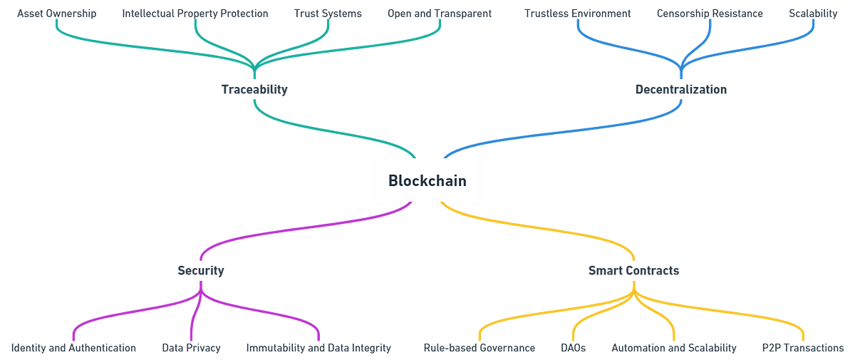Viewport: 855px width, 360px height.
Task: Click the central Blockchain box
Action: point(427,180)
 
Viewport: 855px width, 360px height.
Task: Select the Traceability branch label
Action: point(254,90)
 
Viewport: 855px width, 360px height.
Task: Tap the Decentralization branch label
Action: point(680,90)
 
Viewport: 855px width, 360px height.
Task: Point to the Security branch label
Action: point(201,271)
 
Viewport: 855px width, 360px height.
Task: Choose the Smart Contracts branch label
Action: point(633,271)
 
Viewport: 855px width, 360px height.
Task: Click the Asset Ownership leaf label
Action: point(56,14)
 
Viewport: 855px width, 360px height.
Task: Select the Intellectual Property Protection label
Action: point(195,14)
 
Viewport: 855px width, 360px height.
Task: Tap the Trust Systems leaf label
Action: point(328,14)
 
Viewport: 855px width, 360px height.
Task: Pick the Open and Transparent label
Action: point(440,14)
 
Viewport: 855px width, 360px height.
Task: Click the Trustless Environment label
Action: point(577,14)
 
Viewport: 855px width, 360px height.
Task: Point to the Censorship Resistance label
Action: point(710,14)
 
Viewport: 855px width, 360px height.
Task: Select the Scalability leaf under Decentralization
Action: point(813,14)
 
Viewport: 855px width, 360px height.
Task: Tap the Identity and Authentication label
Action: point(74,348)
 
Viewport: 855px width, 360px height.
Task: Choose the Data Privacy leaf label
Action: point(191,348)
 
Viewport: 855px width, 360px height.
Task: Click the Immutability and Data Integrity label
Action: point(318,348)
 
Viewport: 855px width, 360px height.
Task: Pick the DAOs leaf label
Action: point(573,348)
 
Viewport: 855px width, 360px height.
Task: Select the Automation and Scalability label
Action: point(673,348)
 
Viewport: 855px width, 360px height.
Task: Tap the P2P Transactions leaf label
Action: point(802,348)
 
